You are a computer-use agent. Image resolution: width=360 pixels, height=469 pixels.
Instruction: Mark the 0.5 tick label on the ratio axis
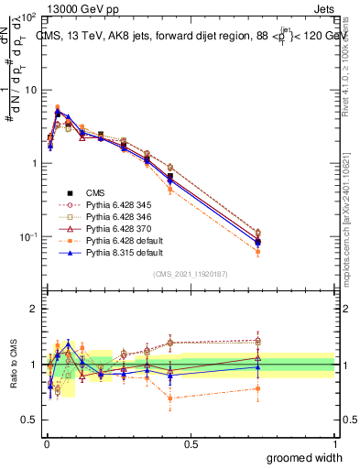(x=29, y=420)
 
